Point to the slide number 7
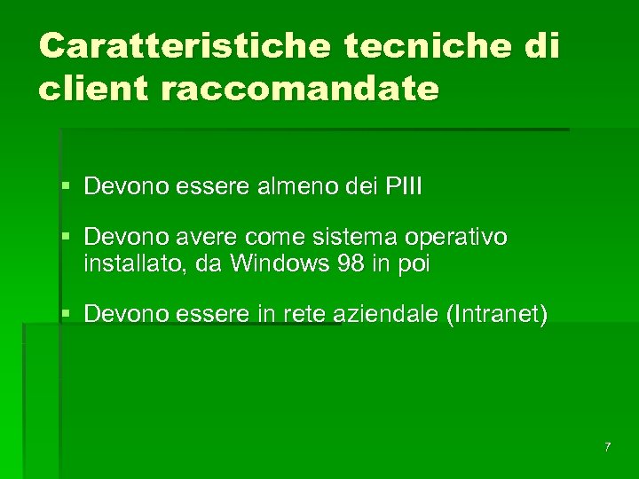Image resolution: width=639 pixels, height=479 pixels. coord(607,447)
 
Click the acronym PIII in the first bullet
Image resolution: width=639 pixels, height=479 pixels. coord(404,187)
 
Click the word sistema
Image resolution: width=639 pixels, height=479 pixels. coord(366,238)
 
